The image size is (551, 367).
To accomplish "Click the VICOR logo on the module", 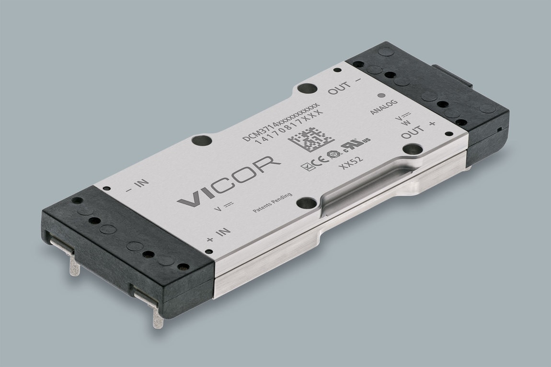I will (x=229, y=181).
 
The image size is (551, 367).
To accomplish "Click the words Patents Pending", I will (x=272, y=206).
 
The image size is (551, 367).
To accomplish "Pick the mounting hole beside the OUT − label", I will (x=307, y=89).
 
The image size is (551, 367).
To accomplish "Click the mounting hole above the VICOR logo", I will (x=201, y=141).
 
